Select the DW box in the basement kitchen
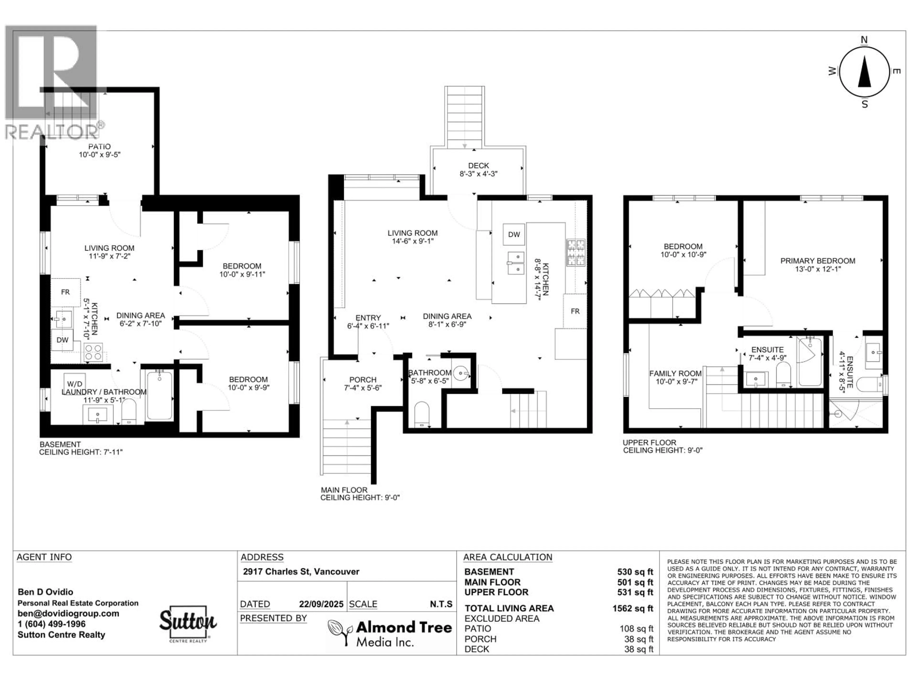tap(63, 340)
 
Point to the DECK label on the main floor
tap(478, 166)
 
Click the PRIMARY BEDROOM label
tap(817, 261)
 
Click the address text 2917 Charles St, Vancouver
tap(301, 571)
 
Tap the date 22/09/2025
tap(321, 604)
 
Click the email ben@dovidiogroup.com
tap(68, 614)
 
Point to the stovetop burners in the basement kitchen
tap(93, 353)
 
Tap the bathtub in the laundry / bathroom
tap(160, 395)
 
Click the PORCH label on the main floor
tap(363, 380)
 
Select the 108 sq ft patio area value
tap(636, 629)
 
